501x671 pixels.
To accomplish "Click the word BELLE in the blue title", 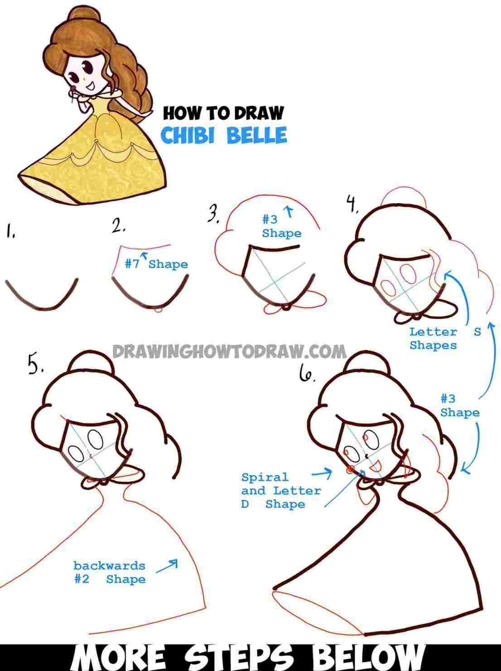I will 256,135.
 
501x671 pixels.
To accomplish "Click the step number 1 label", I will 10,233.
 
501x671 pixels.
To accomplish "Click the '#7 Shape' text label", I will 156,264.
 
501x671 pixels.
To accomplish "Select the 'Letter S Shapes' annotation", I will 439,338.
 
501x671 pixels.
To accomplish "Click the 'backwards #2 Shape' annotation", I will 109,572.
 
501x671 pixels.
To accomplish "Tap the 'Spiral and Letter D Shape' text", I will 280,491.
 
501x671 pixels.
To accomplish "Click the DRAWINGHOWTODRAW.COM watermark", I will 229,351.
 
